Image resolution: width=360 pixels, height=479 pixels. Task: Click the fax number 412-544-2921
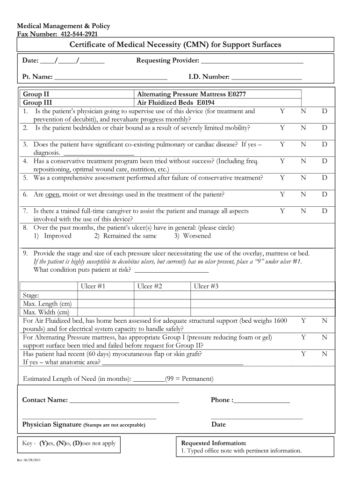[78, 34]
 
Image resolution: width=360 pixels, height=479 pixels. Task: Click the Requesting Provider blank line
[252, 61]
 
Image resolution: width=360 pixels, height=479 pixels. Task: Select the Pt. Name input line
[111, 77]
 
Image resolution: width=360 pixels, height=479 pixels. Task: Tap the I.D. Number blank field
[266, 77]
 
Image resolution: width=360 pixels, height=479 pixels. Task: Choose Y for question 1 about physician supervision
[282, 111]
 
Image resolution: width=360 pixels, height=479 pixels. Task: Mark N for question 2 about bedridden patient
[303, 128]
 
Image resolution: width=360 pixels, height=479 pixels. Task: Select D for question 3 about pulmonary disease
[324, 145]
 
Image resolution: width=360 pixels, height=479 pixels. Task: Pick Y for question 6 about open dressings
[282, 194]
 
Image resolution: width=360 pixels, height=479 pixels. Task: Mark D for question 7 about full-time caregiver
[324, 211]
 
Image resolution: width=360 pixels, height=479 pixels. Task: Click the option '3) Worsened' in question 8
[193, 236]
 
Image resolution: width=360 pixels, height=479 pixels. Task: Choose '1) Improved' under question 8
[52, 236]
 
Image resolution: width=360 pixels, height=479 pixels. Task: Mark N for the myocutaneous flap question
[324, 354]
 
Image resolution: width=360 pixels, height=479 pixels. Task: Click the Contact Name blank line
[124, 400]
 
